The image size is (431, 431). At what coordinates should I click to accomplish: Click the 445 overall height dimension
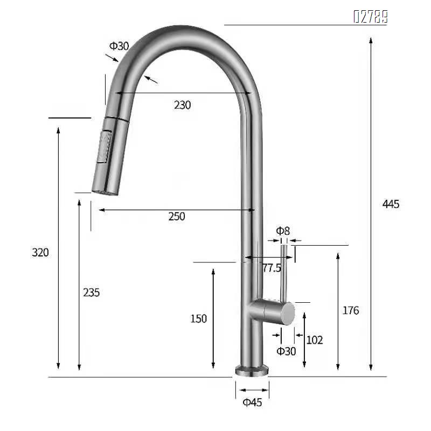click(391, 204)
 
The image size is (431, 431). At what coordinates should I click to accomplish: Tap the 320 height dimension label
click(40, 252)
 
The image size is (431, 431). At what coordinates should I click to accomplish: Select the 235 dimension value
click(91, 293)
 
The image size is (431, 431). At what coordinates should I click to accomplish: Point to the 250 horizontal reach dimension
click(176, 217)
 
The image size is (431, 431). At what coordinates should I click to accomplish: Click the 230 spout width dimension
click(182, 105)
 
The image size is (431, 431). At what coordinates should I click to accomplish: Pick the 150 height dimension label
click(198, 319)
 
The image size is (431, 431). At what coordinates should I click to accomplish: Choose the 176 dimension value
click(350, 310)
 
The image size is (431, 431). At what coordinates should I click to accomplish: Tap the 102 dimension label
click(314, 340)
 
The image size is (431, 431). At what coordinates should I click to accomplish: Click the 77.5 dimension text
click(272, 268)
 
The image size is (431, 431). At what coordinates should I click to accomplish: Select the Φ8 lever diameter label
click(283, 231)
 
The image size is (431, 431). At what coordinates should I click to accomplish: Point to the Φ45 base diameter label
click(252, 402)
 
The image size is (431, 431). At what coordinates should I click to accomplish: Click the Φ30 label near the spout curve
click(119, 46)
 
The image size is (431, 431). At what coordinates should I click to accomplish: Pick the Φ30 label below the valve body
click(286, 351)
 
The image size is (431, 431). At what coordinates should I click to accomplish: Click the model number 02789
click(370, 17)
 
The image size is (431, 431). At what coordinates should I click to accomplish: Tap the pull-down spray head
click(109, 154)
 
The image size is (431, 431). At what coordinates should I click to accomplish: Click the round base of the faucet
click(252, 370)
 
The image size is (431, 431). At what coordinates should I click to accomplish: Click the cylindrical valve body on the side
click(272, 312)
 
